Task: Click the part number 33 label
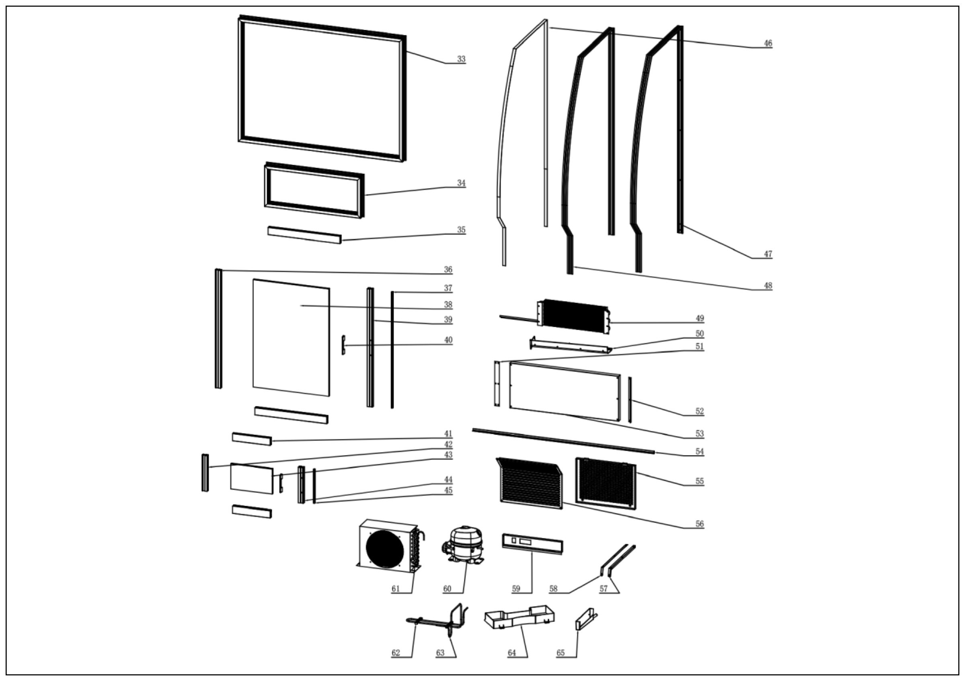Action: pos(461,59)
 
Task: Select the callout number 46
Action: pos(768,43)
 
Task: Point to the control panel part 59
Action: pos(532,544)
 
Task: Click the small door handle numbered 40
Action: pos(343,345)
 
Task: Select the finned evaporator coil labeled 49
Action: pos(574,316)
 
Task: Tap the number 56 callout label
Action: pos(699,524)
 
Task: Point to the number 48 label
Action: pos(768,286)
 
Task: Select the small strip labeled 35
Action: pos(304,235)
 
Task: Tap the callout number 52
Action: pos(699,411)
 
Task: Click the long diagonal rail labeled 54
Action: pos(563,441)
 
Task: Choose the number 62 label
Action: pos(396,653)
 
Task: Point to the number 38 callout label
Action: pos(448,305)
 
